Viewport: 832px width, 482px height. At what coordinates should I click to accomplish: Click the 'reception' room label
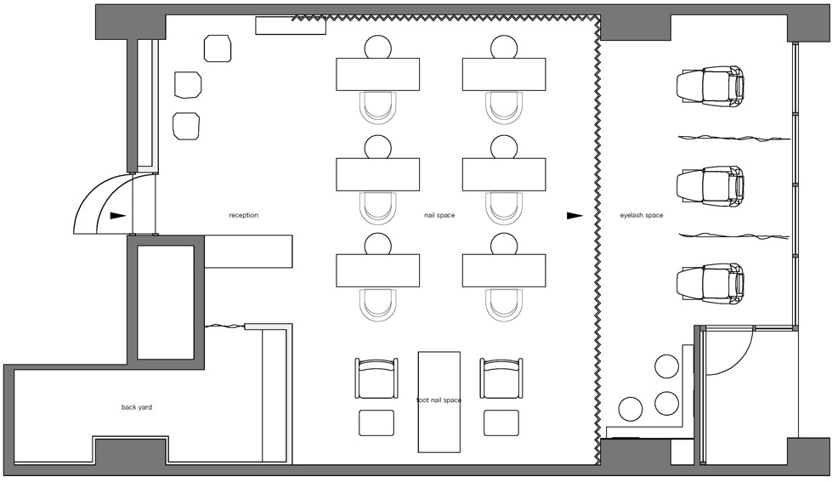(244, 215)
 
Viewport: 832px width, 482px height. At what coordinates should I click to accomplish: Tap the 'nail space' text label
(439, 215)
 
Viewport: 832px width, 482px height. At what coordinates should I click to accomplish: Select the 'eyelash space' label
(642, 215)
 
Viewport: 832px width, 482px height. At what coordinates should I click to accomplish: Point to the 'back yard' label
(137, 407)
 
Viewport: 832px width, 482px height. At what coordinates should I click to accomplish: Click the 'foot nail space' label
(439, 400)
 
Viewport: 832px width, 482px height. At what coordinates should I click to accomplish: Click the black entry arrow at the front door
(118, 216)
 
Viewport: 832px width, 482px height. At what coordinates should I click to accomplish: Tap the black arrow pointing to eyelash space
(574, 216)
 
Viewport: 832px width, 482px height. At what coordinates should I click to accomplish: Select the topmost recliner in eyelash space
(710, 87)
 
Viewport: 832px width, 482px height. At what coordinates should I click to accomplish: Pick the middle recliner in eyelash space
(710, 186)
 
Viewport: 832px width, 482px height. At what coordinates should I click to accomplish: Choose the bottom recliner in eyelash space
(710, 284)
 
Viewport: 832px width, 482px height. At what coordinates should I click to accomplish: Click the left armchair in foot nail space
(376, 378)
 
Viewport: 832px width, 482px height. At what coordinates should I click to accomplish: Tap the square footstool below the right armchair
(501, 422)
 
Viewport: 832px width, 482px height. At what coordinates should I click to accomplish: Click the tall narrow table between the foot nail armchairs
(439, 402)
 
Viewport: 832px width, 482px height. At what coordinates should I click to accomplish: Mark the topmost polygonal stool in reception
(218, 48)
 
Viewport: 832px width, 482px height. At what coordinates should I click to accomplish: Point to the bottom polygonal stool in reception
(186, 127)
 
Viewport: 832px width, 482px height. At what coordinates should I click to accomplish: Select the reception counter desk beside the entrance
(248, 251)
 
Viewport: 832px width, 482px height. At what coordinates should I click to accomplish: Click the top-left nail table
(378, 74)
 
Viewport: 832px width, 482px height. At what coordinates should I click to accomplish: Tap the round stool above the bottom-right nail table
(504, 245)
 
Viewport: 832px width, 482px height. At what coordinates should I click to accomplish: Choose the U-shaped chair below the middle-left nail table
(378, 208)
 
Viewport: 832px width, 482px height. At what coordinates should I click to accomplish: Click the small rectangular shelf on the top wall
(291, 26)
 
